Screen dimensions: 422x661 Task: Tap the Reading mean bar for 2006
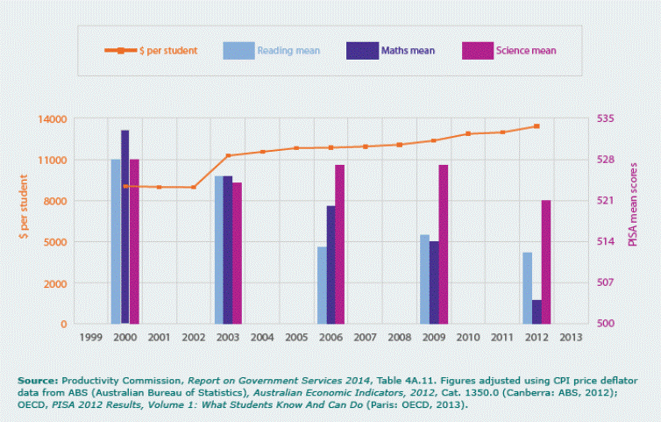coord(322,285)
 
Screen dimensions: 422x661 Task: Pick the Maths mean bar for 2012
coord(537,311)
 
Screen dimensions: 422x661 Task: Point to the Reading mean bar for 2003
coord(218,250)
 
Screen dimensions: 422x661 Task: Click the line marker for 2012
coord(537,126)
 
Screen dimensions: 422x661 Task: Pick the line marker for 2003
coord(228,156)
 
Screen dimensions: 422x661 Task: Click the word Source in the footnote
coord(37,379)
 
